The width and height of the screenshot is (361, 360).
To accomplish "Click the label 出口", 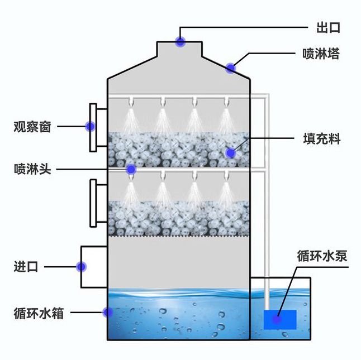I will click(x=328, y=27).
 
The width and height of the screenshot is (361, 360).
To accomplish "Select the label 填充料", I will click(x=321, y=138).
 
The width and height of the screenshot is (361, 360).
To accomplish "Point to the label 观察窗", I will click(x=32, y=127).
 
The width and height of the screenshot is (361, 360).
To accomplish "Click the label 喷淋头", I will click(x=32, y=169).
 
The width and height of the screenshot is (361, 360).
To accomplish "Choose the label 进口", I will click(x=26, y=267).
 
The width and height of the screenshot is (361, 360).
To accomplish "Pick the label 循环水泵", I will click(x=322, y=256).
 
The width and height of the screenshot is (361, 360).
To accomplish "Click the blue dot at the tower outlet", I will click(x=180, y=41).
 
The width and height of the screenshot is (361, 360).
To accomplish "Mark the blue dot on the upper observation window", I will click(x=89, y=126).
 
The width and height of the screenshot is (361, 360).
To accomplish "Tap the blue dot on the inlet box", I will click(x=82, y=267).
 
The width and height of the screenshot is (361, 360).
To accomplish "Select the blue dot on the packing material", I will click(x=230, y=152).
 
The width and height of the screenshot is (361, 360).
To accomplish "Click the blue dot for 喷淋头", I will click(x=131, y=169).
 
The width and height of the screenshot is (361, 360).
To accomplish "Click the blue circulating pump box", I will click(x=280, y=320).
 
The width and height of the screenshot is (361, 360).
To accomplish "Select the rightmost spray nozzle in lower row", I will click(x=227, y=176).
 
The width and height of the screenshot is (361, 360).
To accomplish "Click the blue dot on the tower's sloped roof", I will click(x=230, y=68).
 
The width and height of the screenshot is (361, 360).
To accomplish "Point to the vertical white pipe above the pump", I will click(x=269, y=234).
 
